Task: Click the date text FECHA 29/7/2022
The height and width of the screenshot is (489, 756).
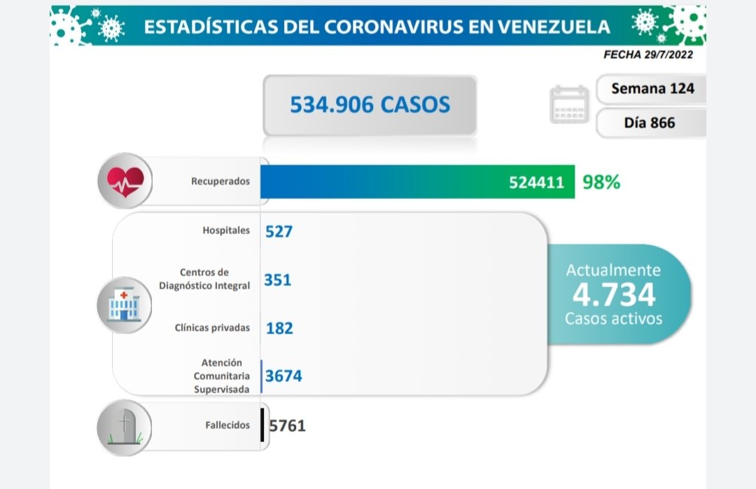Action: click(x=647, y=55)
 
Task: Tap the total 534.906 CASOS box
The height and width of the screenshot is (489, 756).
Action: click(x=370, y=105)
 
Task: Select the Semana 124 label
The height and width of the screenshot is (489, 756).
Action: click(x=652, y=88)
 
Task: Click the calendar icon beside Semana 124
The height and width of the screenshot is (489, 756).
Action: click(x=569, y=104)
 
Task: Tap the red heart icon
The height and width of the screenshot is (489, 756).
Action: click(x=125, y=181)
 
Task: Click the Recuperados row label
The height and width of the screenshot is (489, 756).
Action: click(x=220, y=181)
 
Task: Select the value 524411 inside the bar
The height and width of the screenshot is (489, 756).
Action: click(x=536, y=183)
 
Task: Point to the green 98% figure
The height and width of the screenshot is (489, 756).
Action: click(x=601, y=182)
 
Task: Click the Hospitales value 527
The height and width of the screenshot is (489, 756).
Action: click(x=279, y=231)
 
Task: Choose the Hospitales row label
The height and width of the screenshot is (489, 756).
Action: click(x=225, y=230)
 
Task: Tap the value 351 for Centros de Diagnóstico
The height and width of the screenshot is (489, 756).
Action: click(x=278, y=280)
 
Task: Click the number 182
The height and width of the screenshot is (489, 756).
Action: click(x=279, y=328)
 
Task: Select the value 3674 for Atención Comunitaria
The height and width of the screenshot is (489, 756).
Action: click(x=283, y=376)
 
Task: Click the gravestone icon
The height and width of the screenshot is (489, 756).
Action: click(x=124, y=427)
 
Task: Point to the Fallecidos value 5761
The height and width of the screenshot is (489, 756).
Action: click(x=287, y=425)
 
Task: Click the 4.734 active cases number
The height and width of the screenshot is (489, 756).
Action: click(x=613, y=294)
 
